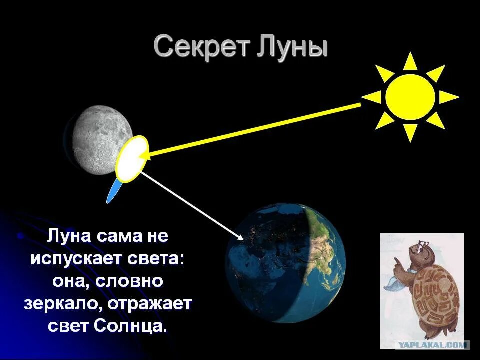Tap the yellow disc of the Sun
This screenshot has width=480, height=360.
(x=410, y=97)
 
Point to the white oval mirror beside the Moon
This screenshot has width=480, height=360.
(x=132, y=158)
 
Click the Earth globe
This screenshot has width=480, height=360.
(x=285, y=262)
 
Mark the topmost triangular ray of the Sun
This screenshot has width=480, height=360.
(x=410, y=62)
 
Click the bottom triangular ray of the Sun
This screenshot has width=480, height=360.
(x=410, y=132)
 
